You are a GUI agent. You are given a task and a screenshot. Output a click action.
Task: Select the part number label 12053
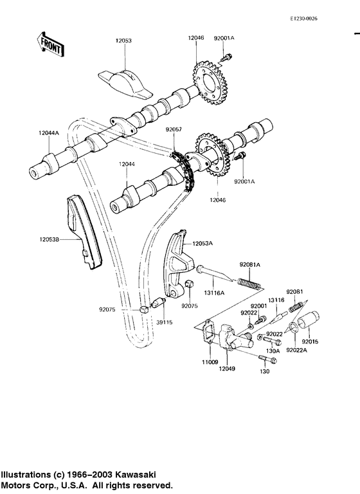pos(123,40)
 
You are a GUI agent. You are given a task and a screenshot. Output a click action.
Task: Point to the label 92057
pos(174,129)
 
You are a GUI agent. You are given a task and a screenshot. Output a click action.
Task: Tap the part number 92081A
pos(250,264)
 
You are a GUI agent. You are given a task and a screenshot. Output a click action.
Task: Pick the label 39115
pos(165,322)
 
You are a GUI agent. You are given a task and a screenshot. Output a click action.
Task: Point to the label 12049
pos(225,370)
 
